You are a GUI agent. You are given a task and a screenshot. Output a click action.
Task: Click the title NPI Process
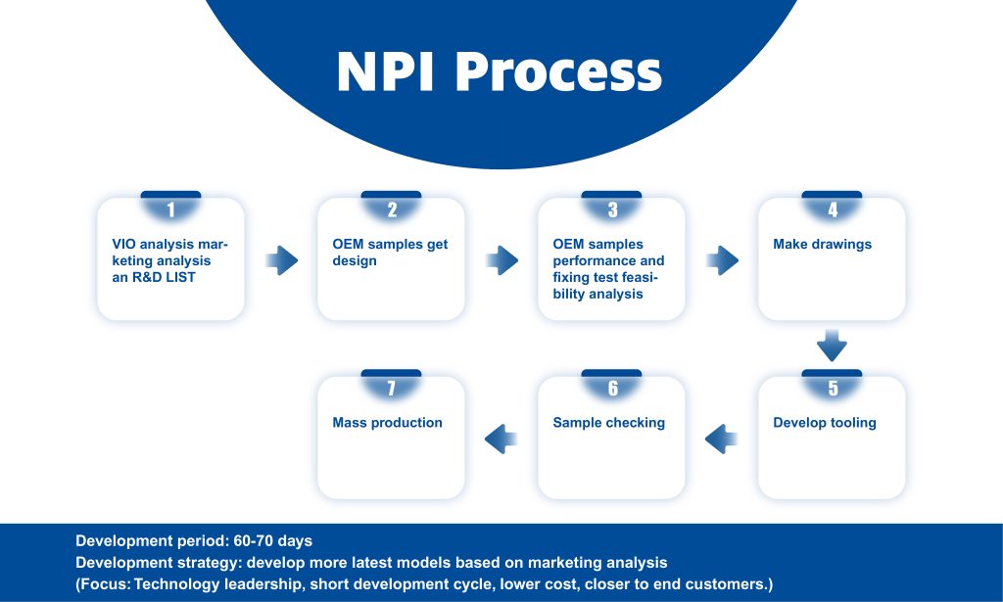499,71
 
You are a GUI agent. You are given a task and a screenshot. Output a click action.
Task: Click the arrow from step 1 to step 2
282,260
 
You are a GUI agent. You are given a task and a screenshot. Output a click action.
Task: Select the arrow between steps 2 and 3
502,260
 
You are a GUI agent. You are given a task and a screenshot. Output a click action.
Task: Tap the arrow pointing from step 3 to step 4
723,260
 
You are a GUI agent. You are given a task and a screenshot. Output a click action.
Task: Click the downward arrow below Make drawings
833,346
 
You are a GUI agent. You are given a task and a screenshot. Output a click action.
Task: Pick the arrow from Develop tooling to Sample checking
722,440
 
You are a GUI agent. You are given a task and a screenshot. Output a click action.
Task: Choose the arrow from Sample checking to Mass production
501,440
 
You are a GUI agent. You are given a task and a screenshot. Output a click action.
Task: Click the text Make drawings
822,244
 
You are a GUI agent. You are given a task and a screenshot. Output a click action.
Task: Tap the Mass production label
387,423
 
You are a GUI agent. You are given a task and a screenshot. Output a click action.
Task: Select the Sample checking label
609,423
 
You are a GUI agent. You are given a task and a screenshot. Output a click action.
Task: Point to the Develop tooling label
825,423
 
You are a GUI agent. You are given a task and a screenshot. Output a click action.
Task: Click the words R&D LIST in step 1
164,277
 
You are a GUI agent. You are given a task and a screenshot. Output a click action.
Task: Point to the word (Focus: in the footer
102,584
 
